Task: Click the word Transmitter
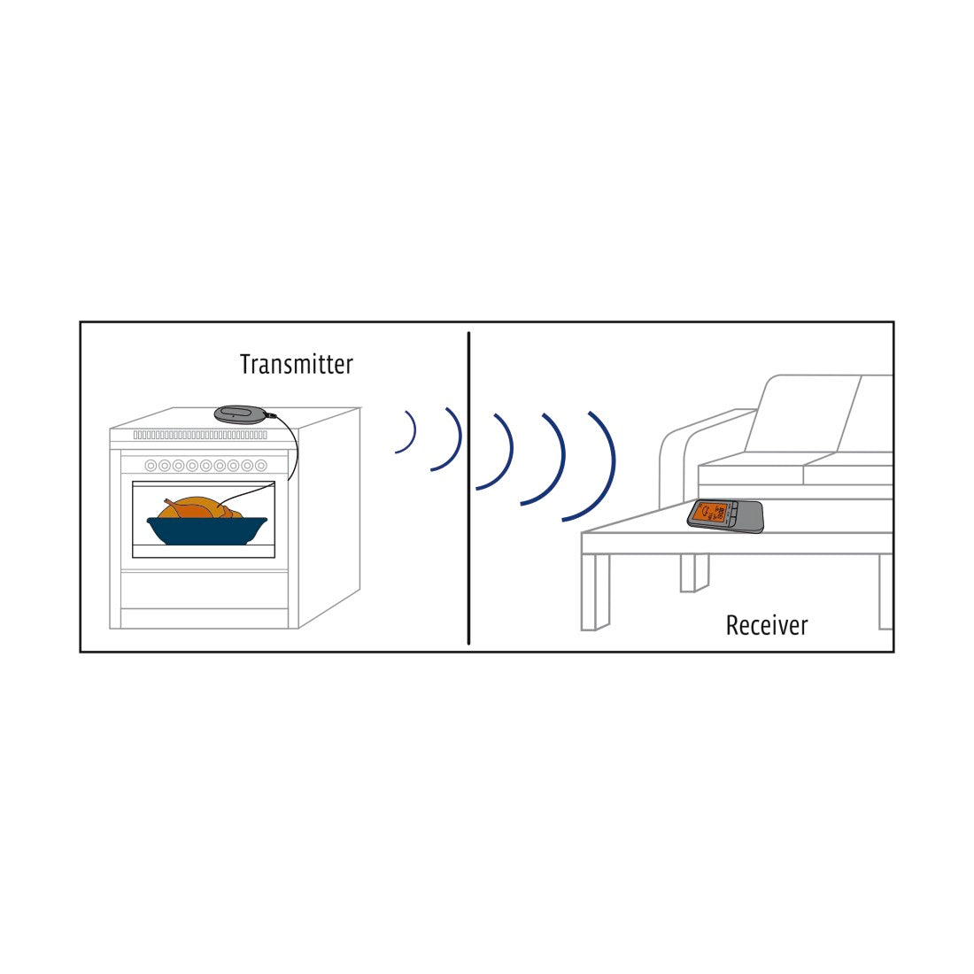pyautogui.click(x=296, y=364)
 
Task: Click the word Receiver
pyautogui.click(x=767, y=625)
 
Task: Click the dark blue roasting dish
pyautogui.click(x=206, y=530)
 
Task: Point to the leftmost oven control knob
pyautogui.click(x=151, y=465)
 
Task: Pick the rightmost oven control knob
pyautogui.click(x=261, y=465)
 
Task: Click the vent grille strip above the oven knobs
pyautogui.click(x=200, y=435)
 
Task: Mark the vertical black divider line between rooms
pyautogui.click(x=468, y=487)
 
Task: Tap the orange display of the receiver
pyautogui.click(x=711, y=514)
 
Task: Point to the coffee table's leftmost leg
pyautogui.click(x=594, y=591)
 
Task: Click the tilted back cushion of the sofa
pyautogui.click(x=801, y=414)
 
